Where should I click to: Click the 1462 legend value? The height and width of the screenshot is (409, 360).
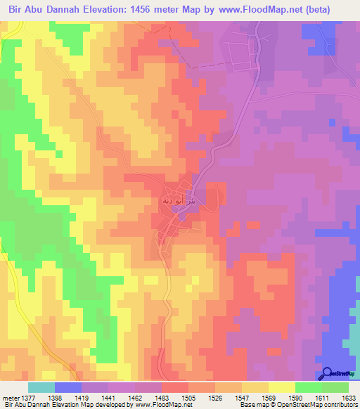click(131, 397)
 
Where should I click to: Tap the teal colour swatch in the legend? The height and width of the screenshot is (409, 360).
click(41, 387)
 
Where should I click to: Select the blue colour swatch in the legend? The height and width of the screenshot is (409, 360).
click(68, 387)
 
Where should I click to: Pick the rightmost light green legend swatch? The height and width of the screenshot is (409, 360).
click(335, 387)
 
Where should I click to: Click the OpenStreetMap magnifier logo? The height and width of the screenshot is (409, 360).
click(328, 373)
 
